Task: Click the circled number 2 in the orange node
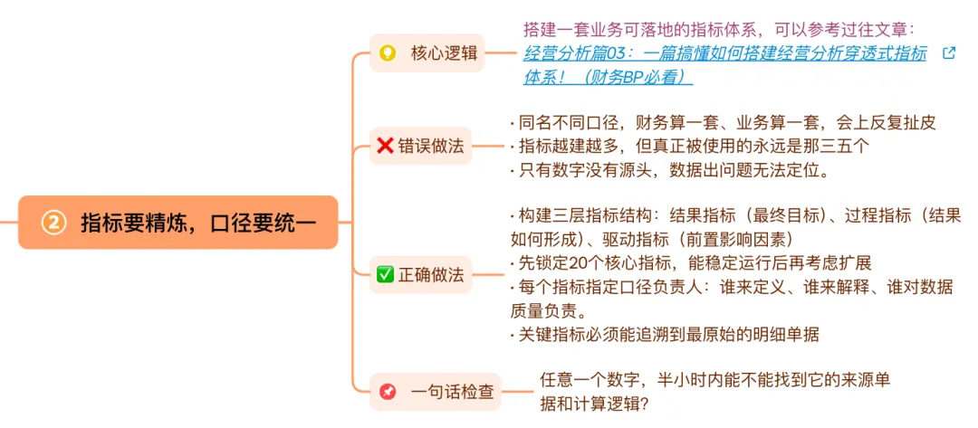54,223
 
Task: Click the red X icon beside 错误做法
385,146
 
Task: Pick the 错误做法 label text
431,146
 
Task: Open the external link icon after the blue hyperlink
949,53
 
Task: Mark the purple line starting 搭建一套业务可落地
719,30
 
